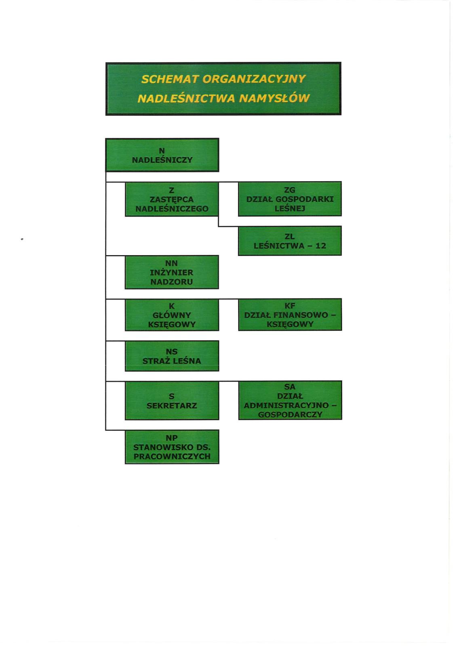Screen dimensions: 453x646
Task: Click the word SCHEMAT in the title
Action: (170, 79)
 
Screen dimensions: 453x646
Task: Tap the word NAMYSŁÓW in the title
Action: (274, 99)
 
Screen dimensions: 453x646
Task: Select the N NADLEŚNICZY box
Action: (162, 155)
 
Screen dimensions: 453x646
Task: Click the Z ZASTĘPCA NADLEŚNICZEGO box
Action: (172, 199)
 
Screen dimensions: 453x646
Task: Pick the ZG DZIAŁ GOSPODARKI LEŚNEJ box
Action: (290, 199)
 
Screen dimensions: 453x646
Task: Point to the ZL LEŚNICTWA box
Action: (290, 241)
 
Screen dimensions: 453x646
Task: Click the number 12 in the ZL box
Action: (321, 246)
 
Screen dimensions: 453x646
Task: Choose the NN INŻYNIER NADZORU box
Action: (172, 272)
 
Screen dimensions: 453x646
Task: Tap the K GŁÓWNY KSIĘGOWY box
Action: (172, 315)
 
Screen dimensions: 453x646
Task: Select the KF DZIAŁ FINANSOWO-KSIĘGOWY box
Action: (290, 315)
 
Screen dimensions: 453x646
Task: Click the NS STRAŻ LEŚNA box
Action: (172, 356)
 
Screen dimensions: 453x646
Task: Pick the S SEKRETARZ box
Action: (172, 401)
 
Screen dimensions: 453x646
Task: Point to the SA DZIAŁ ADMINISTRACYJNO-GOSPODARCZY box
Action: (290, 400)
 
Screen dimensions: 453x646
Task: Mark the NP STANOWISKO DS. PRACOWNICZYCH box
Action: (172, 447)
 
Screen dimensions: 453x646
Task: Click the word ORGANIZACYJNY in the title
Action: (254, 79)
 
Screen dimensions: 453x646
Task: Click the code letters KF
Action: (290, 305)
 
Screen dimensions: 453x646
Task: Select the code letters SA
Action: (290, 387)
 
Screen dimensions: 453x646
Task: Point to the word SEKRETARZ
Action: (172, 405)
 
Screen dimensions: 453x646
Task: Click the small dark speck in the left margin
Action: (22, 239)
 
